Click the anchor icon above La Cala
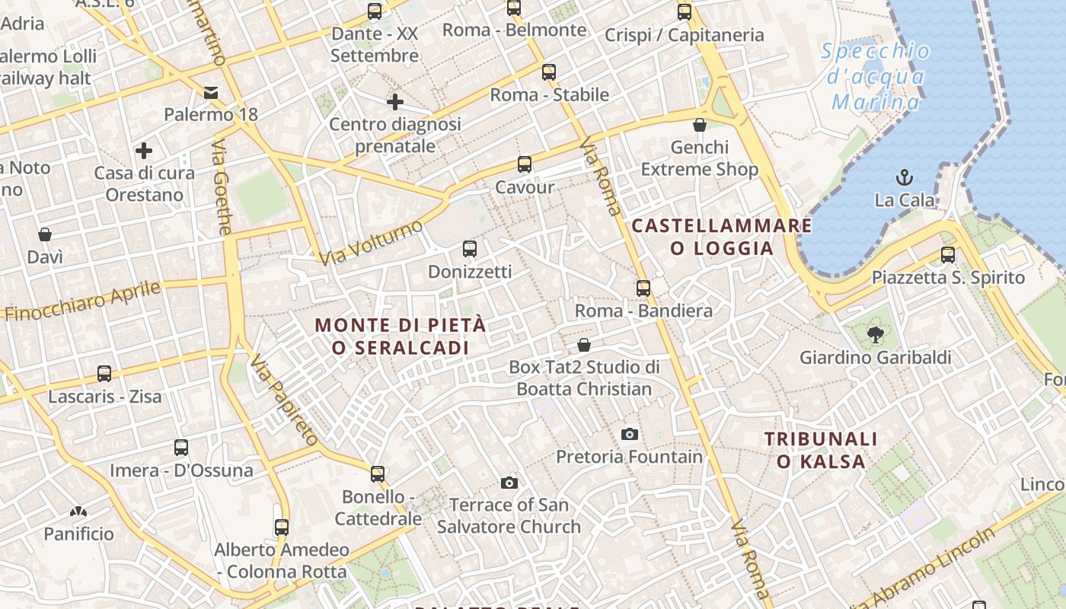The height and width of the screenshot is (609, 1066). click(905, 178)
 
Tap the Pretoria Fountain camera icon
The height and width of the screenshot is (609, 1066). click(629, 434)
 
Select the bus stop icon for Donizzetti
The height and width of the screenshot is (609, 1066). click(470, 249)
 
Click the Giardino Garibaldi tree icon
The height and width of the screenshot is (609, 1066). click(876, 334)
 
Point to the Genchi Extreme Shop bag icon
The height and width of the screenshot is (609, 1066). click(700, 125)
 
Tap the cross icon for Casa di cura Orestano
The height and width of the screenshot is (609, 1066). click(144, 151)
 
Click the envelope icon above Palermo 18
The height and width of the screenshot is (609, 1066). click(211, 93)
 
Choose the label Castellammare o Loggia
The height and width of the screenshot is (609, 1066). click(722, 237)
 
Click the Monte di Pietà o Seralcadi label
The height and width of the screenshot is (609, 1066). click(401, 336)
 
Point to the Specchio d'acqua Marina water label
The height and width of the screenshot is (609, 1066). click(876, 77)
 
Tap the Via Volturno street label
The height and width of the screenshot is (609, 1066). click(371, 243)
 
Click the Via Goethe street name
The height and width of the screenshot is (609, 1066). click(222, 187)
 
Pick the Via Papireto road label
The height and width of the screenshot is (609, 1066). click(283, 400)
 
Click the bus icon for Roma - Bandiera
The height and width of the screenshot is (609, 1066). click(643, 289)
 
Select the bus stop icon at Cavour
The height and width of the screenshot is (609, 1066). click(525, 164)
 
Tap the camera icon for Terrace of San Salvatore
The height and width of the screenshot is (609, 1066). click(509, 483)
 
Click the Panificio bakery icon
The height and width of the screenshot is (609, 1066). click(78, 512)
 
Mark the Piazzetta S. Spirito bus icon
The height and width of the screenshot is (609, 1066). click(948, 255)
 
